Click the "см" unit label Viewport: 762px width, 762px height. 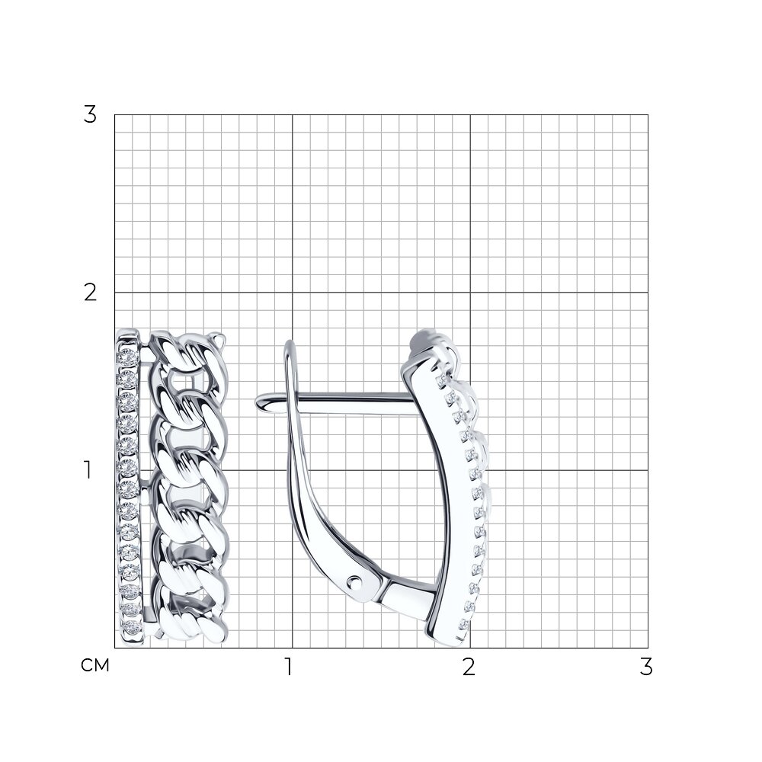point(95,664)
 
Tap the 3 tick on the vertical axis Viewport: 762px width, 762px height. point(90,115)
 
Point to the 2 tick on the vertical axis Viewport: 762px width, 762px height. point(90,293)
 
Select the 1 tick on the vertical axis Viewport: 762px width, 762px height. point(88,470)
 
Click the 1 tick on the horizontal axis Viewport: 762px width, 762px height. point(289,667)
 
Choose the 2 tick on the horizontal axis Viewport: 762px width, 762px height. point(469,667)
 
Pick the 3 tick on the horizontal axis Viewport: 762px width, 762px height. point(646,667)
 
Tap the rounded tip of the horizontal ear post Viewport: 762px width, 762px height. point(259,402)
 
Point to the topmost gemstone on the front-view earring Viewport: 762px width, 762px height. point(129,356)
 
